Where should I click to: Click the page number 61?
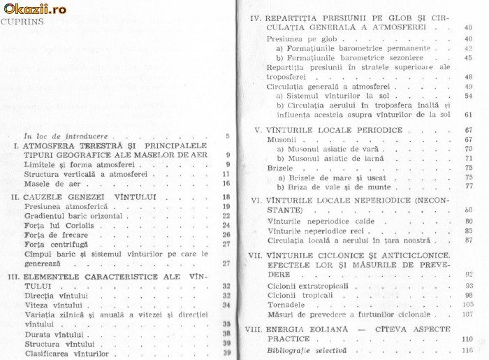tap(467, 114)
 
